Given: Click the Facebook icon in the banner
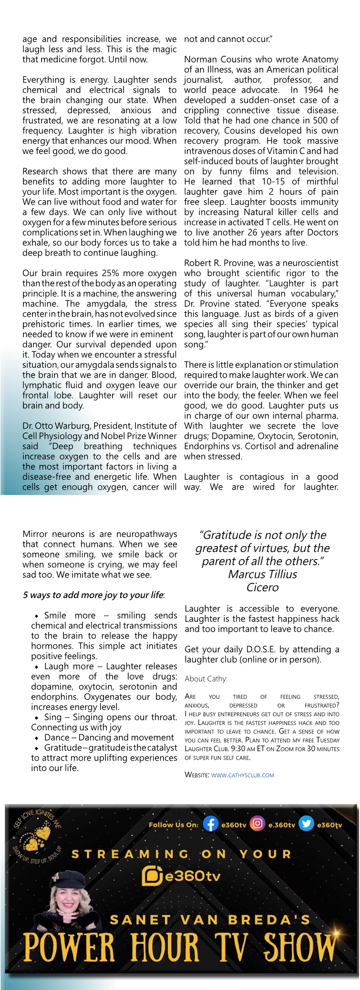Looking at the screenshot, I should point(210,824).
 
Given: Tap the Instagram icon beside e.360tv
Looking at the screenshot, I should point(257,824).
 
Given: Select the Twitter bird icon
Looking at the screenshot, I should point(306,824).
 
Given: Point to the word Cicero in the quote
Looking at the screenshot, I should point(262,588).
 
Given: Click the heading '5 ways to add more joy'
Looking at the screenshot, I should point(93,595).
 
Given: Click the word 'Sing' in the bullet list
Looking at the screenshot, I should point(53,717).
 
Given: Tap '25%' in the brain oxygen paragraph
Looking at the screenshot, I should point(111,273).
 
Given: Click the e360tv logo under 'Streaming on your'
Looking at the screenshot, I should point(181,876).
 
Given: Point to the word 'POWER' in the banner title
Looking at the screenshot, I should point(69,948).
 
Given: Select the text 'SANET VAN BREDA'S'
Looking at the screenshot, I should point(210,919).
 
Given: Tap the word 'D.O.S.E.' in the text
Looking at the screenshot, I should point(265,649).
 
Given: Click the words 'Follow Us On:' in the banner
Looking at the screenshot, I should point(173,825).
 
